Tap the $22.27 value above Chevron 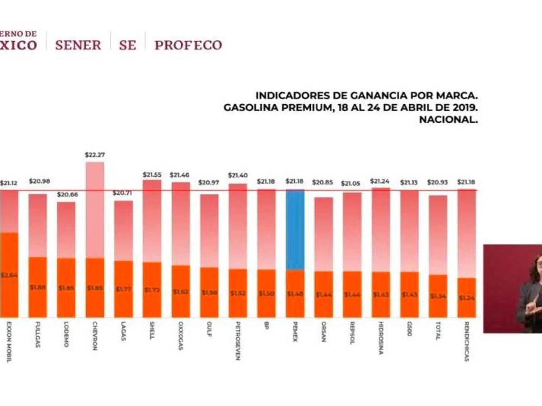94,155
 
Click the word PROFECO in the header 188,45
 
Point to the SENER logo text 78,45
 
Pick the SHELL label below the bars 152,331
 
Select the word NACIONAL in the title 448,120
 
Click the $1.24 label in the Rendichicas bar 467,298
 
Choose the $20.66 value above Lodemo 66,194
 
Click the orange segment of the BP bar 266,293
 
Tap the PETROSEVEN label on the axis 238,341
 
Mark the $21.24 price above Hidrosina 380,181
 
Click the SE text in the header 127,45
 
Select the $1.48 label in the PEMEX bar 294,294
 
